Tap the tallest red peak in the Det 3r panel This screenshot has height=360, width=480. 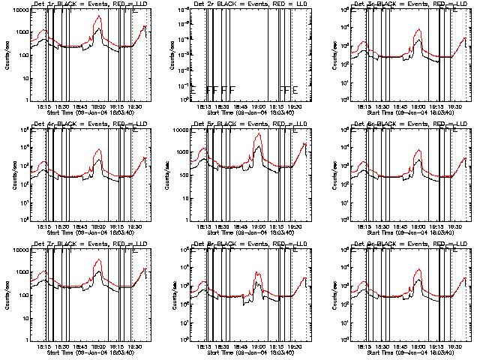tap(418, 32)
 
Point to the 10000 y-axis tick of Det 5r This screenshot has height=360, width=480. tap(188, 130)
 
